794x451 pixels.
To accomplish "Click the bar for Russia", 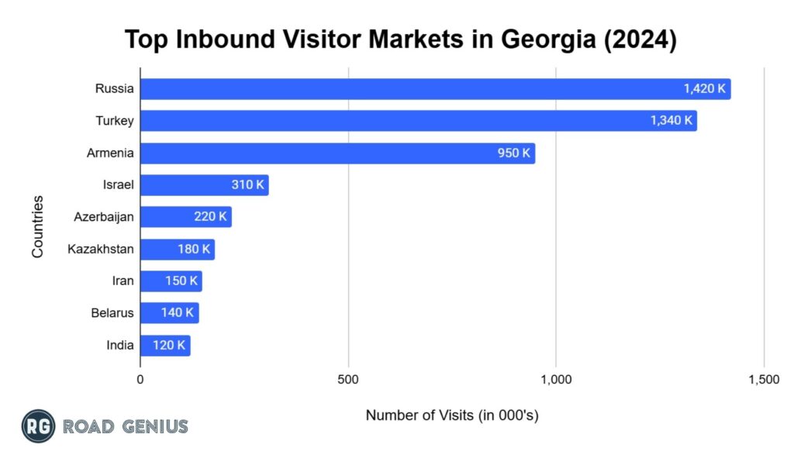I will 434,88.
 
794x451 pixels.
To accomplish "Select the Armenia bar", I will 337,153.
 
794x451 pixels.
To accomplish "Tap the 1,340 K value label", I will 671,121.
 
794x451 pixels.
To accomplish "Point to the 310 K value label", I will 247,185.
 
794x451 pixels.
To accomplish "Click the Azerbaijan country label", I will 104,217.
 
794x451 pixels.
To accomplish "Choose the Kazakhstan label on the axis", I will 101,249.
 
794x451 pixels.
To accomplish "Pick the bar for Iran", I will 171,281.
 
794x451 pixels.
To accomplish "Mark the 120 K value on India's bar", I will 169,346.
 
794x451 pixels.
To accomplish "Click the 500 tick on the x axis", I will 348,380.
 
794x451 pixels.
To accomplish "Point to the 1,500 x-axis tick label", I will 764,380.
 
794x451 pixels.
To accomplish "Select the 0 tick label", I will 140,380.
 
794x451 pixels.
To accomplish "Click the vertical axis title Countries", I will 37,227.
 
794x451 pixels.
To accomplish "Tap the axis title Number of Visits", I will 452,415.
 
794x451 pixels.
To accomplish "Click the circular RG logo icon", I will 38,425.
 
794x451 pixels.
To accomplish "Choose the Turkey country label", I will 114,121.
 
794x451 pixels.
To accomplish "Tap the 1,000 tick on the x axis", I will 556,380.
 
